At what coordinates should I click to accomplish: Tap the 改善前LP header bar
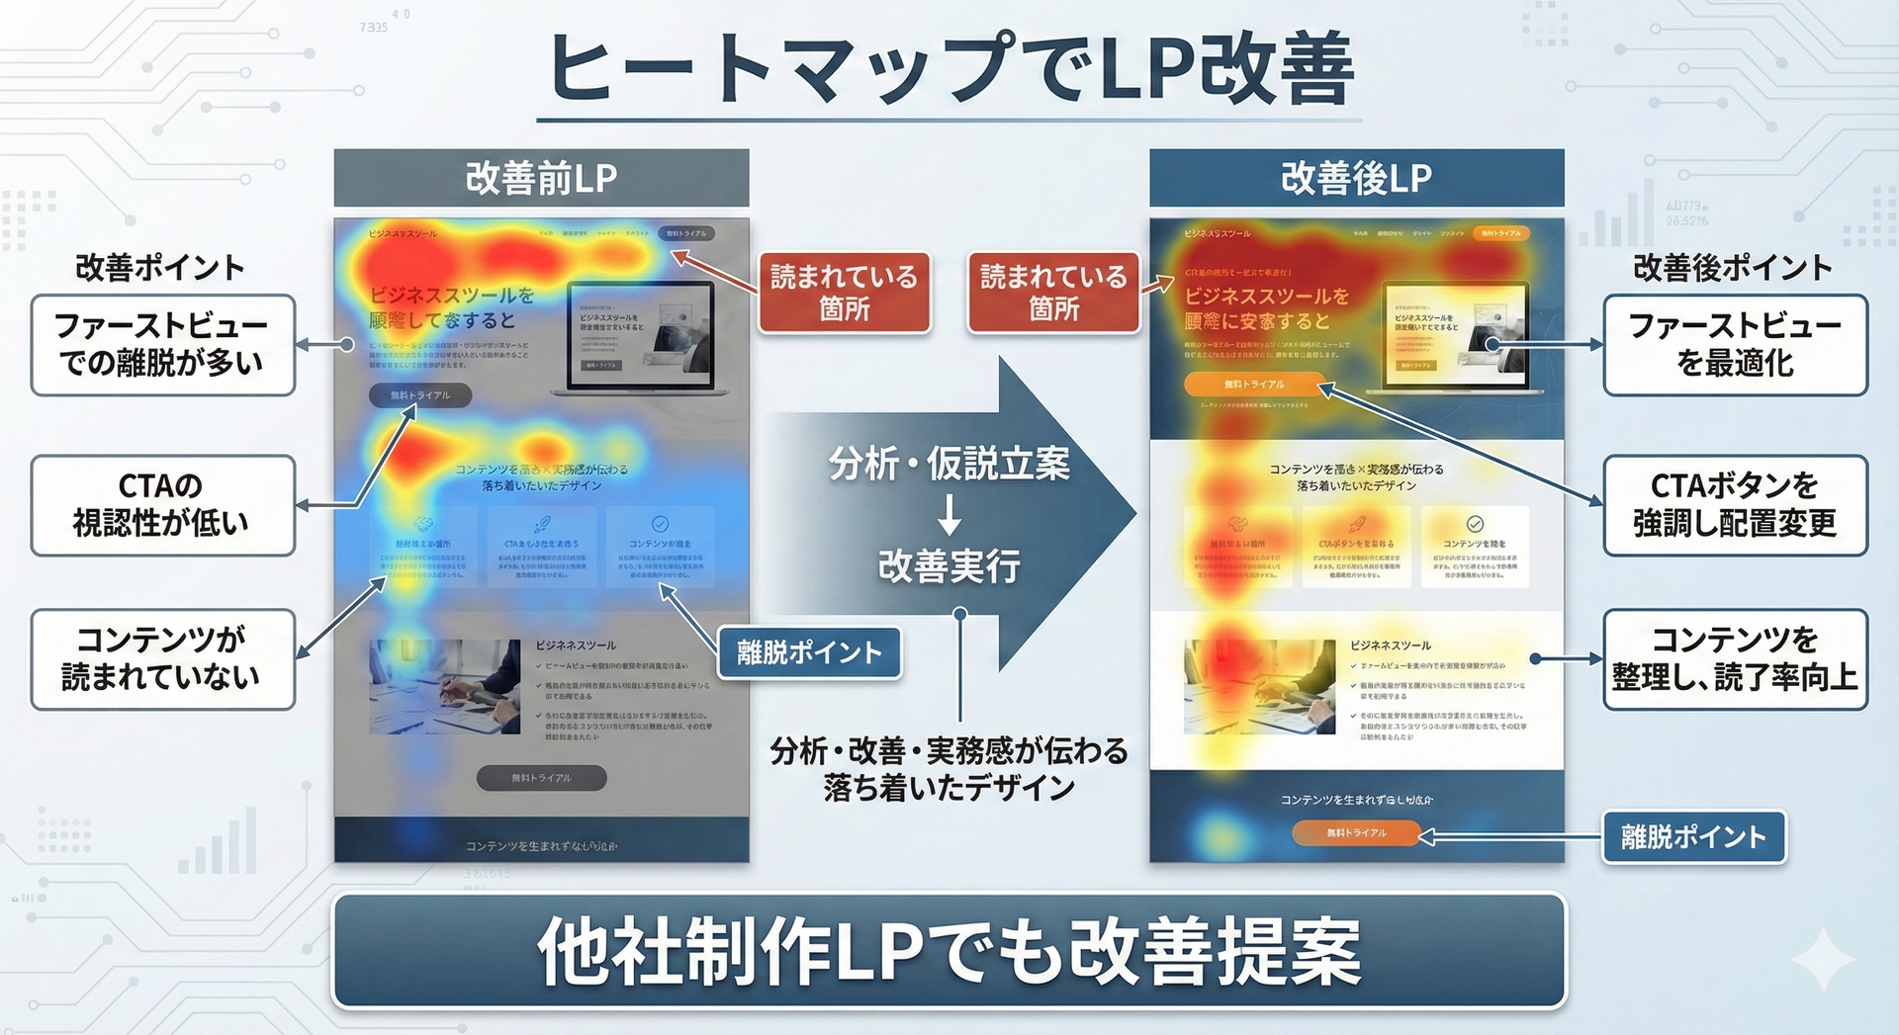(541, 178)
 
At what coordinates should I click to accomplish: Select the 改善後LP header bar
(1356, 178)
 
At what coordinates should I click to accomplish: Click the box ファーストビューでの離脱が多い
(163, 345)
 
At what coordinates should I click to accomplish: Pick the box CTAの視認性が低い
(163, 505)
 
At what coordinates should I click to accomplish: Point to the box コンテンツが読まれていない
(163, 658)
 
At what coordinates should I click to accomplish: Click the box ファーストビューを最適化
(1735, 345)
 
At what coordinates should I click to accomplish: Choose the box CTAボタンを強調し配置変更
(1735, 505)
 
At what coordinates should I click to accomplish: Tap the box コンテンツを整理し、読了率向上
(1735, 658)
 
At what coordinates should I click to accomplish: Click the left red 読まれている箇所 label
(845, 293)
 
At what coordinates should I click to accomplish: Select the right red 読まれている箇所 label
(1053, 293)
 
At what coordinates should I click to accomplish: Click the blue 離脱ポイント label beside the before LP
(809, 652)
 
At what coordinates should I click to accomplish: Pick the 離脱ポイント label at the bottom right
(1693, 837)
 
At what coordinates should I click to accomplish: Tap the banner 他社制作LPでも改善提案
(949, 951)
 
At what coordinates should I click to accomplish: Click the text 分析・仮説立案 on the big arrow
(949, 464)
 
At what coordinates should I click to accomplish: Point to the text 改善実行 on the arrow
(949, 565)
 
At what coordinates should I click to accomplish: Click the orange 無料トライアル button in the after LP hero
(1254, 384)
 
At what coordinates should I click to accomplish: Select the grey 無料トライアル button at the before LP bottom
(541, 778)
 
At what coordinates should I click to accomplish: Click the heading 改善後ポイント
(1733, 268)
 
